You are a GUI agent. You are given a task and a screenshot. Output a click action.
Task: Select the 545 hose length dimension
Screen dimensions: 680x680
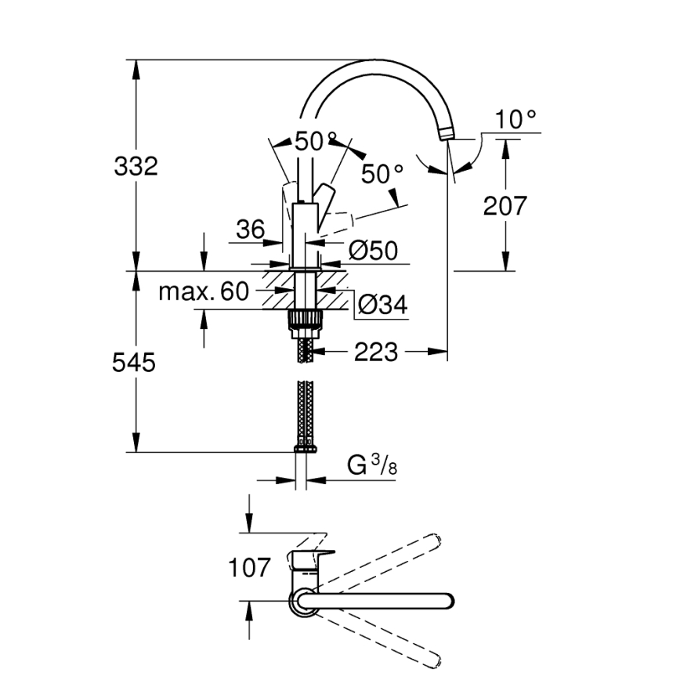135,362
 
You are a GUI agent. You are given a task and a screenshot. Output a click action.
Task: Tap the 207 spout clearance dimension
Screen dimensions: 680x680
505,206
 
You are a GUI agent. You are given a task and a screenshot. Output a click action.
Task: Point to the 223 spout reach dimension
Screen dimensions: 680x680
375,353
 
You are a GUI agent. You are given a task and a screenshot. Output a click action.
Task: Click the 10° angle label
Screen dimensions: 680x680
516,119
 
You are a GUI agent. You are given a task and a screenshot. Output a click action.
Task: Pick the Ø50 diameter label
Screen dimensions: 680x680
373,251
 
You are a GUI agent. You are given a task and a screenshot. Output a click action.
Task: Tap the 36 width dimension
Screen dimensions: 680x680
251,230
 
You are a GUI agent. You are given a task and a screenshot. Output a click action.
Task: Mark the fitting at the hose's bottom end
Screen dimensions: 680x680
306,448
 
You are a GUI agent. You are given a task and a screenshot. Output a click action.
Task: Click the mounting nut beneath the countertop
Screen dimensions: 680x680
306,320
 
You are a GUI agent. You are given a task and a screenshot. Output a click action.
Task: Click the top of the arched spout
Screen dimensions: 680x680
368,63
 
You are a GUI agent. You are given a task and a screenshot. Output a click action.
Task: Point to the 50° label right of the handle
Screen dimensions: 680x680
382,174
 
